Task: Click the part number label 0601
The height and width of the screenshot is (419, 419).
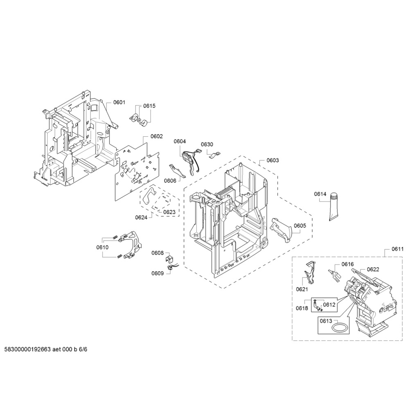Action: pos(119,102)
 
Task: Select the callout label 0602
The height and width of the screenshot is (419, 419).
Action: pos(157,136)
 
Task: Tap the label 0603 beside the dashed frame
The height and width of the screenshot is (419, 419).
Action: pos(273,160)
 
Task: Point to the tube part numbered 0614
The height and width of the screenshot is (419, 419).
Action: pos(334,207)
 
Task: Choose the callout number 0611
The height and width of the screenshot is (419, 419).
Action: pos(397,249)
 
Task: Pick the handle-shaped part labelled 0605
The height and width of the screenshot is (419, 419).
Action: pos(282,230)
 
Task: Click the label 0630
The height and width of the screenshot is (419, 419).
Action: pos(207,144)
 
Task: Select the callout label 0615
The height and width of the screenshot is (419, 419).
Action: pos(149,106)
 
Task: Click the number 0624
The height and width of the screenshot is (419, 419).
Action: pos(141,217)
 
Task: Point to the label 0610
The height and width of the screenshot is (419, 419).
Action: pos(102,247)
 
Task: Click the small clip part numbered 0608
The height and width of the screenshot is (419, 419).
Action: pos(170,259)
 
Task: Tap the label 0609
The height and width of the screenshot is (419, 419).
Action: pos(158,273)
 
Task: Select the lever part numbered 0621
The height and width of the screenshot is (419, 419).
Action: pos(310,274)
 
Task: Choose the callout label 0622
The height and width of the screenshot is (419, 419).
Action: pos(373,269)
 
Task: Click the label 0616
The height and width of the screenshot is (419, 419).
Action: pos(347,264)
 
